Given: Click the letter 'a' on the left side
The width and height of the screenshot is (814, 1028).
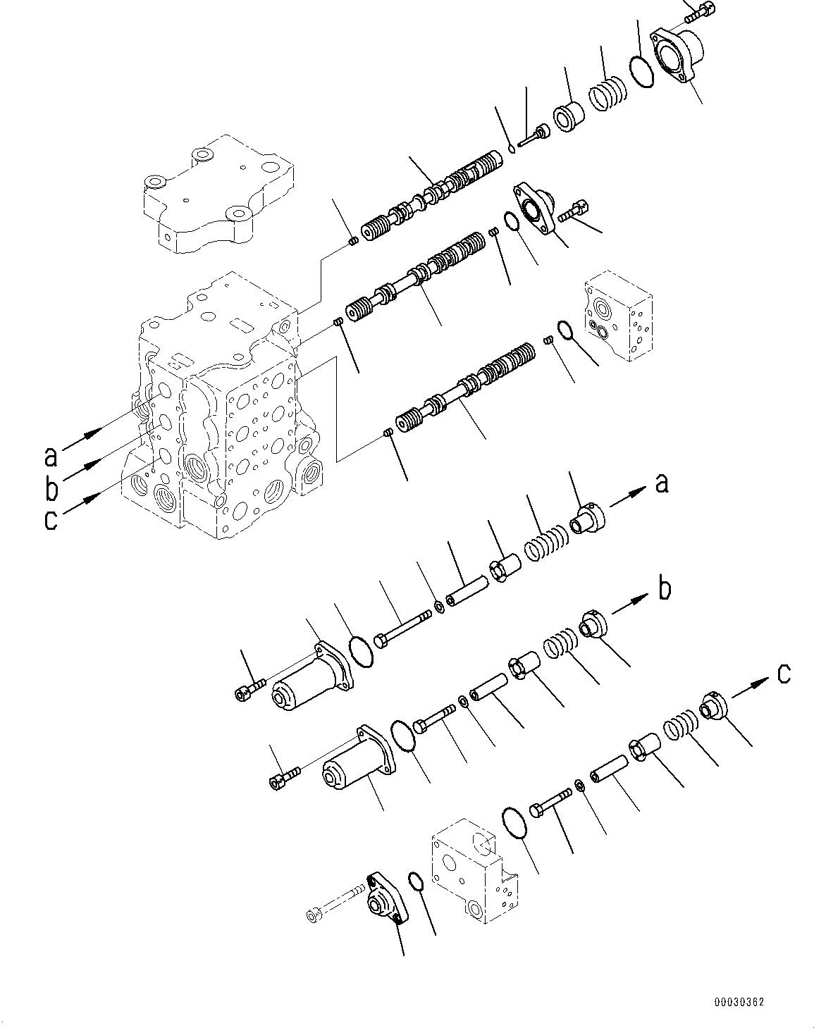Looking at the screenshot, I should [50, 456].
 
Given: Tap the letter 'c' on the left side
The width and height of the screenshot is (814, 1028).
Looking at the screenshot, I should [50, 520].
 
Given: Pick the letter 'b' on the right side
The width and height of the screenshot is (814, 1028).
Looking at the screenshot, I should [664, 588].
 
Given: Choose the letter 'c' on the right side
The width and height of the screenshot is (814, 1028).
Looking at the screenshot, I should [782, 674].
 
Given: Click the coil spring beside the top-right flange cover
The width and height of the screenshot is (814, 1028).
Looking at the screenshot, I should [607, 94].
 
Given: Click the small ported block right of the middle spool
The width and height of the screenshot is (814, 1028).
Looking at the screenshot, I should [616, 315].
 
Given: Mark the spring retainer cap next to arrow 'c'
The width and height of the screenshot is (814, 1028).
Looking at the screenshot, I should [712, 707].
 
